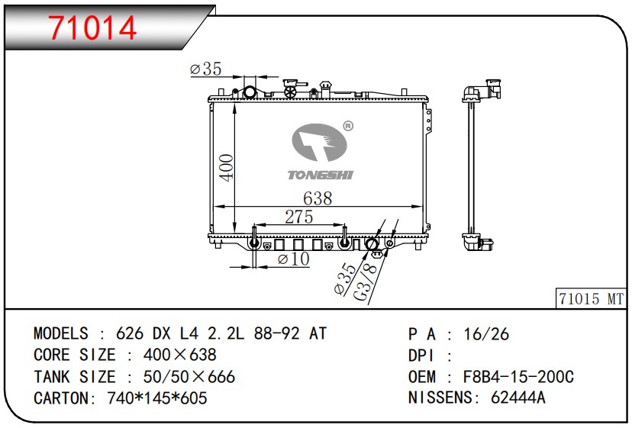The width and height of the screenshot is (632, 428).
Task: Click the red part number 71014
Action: (92, 27)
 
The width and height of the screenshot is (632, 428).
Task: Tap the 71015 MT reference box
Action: (591, 298)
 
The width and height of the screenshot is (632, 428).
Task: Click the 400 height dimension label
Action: (226, 168)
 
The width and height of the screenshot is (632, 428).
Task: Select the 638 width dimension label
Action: (318, 198)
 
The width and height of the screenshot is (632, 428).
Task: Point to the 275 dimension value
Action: (299, 217)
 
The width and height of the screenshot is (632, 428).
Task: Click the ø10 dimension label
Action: (293, 259)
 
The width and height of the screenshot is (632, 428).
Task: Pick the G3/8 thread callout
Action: (366, 281)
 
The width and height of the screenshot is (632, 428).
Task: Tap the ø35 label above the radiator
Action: (205, 69)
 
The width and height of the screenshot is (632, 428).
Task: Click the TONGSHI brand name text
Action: (321, 175)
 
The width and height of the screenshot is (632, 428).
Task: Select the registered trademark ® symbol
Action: (348, 126)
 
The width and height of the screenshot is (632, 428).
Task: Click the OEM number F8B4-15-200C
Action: (518, 377)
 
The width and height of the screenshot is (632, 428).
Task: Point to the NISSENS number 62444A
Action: (518, 397)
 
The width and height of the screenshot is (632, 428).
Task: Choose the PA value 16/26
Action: (486, 334)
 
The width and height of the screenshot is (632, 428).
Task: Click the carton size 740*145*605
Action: (157, 398)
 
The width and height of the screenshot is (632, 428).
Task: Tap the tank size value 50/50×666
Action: (189, 377)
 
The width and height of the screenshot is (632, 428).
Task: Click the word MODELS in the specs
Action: (61, 333)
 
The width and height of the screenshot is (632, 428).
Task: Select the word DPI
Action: (421, 356)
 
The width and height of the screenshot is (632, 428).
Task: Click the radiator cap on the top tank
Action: (290, 88)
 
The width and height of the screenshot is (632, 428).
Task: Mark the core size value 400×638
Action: (180, 355)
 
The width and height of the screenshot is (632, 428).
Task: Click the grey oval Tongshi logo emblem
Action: (319, 142)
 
